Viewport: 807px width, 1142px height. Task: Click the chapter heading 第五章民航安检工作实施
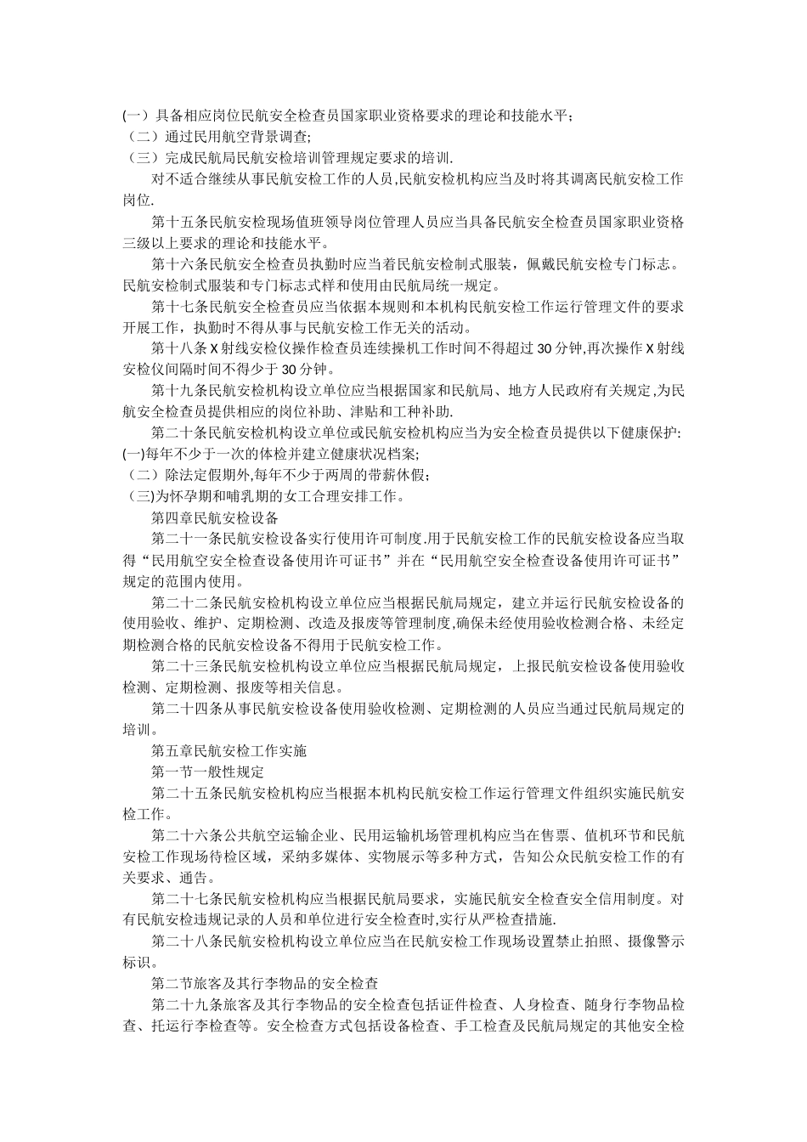point(229,750)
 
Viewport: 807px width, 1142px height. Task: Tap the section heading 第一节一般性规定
point(208,772)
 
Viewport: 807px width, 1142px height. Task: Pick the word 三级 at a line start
point(138,243)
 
